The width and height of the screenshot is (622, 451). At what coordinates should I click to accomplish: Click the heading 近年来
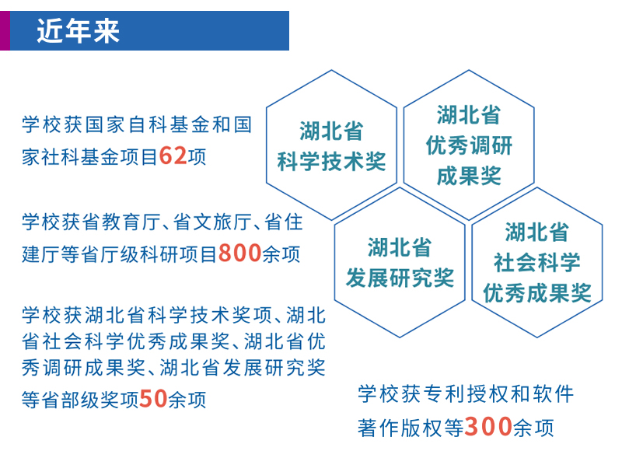[x=78, y=31]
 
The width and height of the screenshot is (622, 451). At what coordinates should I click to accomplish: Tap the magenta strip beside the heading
[x=5, y=30]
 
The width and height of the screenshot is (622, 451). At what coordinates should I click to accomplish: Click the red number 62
[x=173, y=156]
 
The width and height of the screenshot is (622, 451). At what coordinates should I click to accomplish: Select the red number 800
[x=239, y=253]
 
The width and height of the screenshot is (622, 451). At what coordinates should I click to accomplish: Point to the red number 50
[x=153, y=399]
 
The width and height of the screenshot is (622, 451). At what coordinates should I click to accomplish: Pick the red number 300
[x=488, y=427]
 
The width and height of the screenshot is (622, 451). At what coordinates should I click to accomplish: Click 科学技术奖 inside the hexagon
[x=332, y=162]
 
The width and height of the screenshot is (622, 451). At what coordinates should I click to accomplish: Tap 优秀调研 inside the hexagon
[x=469, y=145]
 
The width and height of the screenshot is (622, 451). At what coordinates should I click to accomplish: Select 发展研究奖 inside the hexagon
[x=400, y=278]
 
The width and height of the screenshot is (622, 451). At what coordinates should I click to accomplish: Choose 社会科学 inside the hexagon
[x=536, y=262]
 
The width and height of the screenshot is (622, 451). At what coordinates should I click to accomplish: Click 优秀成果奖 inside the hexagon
[x=536, y=292]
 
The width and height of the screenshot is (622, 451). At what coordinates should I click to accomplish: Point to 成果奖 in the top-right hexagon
[x=469, y=176]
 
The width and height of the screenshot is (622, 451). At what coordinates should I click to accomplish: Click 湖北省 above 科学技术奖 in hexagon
[x=332, y=131]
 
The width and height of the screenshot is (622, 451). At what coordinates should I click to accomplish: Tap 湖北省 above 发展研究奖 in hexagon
[x=400, y=246]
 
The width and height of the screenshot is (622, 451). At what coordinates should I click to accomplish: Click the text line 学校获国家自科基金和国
[x=137, y=124]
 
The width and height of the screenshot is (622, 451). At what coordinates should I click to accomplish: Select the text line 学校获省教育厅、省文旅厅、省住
[x=162, y=222]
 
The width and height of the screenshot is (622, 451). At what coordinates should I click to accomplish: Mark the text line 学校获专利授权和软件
[x=466, y=394]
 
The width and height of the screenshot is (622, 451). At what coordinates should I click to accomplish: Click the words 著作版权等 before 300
[x=411, y=428]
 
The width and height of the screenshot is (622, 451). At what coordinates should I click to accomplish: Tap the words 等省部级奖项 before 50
[x=80, y=400]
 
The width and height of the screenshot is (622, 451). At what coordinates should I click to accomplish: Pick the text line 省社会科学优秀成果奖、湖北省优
[x=173, y=341]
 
